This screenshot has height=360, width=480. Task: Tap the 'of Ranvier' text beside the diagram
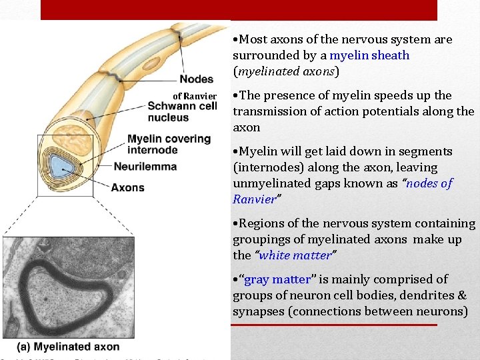(195, 96)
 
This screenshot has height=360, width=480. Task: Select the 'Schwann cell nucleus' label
(182, 111)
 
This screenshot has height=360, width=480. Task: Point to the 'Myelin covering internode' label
(169, 144)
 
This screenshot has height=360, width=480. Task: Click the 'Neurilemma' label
(145, 166)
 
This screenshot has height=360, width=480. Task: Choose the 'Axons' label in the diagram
(127, 187)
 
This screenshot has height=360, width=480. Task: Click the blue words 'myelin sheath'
(369, 55)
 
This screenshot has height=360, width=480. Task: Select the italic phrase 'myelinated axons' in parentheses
(285, 71)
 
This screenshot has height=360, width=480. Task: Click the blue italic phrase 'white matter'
(295, 255)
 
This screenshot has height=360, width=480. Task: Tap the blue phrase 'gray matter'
(277, 279)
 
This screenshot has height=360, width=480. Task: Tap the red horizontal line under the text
(333, 325)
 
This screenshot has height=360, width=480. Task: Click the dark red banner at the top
(239, 9)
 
